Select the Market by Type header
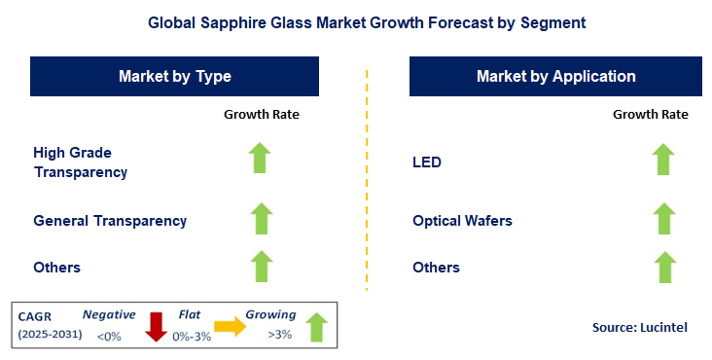pos(175,76)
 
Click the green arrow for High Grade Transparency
pos(260,158)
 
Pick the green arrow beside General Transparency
pos(260,219)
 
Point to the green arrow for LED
pos(662,160)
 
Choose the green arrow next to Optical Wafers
pos(662,219)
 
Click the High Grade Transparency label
pos(80,162)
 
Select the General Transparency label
pos(110,221)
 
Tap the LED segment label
pos(427,162)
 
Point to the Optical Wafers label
pos(462,221)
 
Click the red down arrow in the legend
pos(156,327)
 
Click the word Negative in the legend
pos(108,314)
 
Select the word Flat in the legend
pos(191,314)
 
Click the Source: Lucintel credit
pos(639,328)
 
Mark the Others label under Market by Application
pos(436,268)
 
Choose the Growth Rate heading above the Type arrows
pos(262,115)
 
